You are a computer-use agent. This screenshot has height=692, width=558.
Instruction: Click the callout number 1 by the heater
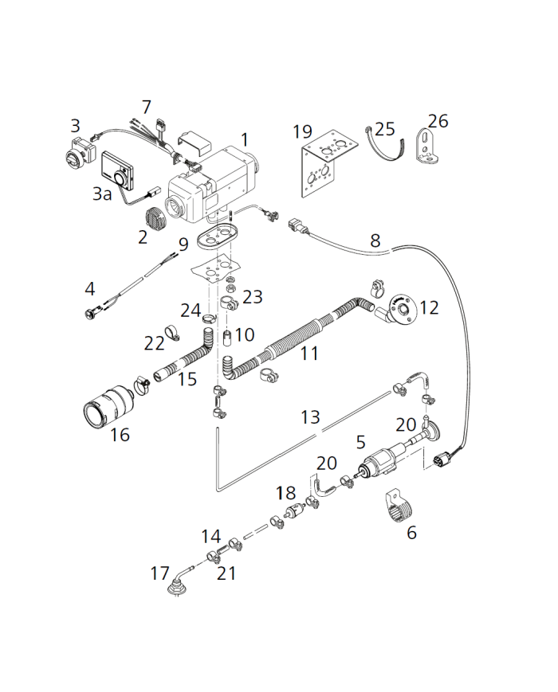coord(245,139)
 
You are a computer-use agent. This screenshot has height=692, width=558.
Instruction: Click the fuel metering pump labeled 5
coord(383,467)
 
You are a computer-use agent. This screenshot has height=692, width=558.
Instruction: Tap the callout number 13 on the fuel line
coord(310,416)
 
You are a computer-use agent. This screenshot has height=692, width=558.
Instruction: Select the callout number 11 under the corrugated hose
coord(308,353)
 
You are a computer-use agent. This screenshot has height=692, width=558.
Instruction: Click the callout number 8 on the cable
coord(375,239)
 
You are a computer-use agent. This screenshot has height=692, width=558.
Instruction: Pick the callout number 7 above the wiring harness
coord(146,107)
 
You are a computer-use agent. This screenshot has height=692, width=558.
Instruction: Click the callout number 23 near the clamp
coord(252,296)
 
